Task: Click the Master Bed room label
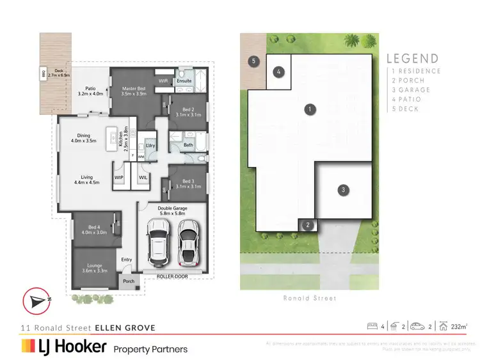(134, 90)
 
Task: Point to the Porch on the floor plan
(129, 281)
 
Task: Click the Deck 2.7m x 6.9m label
(54, 74)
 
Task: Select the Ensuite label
(184, 81)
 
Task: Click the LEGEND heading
(413, 58)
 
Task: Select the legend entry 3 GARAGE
(411, 90)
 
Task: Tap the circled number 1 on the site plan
(310, 109)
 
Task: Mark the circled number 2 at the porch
(308, 224)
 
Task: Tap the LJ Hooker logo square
(28, 347)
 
